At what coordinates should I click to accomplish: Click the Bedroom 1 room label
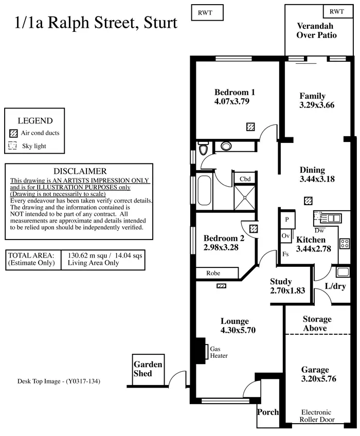coord(235,93)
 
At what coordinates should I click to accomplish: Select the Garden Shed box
coord(149,369)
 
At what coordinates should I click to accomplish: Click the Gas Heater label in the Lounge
coord(219,352)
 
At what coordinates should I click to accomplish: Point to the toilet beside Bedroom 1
coord(204,149)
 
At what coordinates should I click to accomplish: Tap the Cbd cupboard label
coord(245,178)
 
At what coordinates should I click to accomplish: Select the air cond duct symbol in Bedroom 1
coord(251,126)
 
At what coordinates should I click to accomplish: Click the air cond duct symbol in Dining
coord(308,201)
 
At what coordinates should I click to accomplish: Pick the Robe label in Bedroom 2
coord(213,274)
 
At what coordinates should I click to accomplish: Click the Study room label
coord(281,281)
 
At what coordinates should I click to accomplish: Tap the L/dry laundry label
coord(335,286)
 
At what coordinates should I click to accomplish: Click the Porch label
coord(267,412)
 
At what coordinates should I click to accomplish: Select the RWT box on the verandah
coord(337,11)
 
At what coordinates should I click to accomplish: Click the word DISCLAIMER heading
coord(80,171)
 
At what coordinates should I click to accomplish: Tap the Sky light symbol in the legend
coord(13,146)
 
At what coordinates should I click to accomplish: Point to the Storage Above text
coord(317,324)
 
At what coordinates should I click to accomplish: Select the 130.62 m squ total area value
coord(86,255)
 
